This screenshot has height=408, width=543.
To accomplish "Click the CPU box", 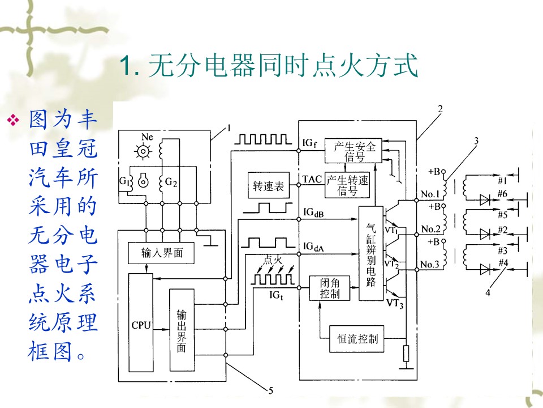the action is (x=141, y=322).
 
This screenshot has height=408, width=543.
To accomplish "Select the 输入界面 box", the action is (x=161, y=253).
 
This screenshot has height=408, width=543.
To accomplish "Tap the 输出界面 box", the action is (x=182, y=330).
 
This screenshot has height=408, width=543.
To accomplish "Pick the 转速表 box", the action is (x=269, y=185).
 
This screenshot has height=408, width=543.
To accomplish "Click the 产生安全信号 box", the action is (x=353, y=150).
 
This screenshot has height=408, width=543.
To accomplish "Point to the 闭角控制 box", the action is (x=329, y=288).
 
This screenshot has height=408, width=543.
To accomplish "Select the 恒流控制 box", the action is (x=357, y=339).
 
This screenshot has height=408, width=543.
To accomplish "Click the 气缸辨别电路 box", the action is (x=370, y=253).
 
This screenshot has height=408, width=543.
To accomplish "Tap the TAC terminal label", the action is (x=312, y=179).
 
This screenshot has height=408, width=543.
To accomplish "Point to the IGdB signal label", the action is (x=313, y=212).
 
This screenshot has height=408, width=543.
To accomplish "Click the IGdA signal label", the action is (x=313, y=246).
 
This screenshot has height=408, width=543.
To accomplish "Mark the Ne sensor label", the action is (x=147, y=137).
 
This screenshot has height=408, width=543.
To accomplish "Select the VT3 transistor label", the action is (x=395, y=304).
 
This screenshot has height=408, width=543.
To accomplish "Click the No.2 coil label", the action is (x=430, y=229).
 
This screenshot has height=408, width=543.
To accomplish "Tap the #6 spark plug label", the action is (x=502, y=194).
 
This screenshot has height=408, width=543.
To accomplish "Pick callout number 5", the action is (x=271, y=390).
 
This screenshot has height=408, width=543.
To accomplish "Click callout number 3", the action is (x=476, y=141).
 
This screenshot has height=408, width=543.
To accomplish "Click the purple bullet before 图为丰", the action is (x=14, y=120).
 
